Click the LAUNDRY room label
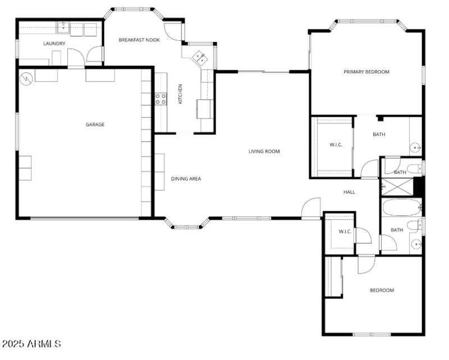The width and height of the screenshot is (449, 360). point(54,43)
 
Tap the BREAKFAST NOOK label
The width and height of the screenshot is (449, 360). point(139,40)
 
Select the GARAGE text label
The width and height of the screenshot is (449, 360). point(95,124)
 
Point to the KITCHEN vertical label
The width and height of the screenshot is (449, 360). point(180,94)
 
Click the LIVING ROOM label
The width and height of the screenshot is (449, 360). point(264,151)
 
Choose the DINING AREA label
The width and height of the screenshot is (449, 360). point(186,179)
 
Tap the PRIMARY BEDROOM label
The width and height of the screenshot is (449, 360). point(366,72)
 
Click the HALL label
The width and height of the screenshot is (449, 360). point(349,192)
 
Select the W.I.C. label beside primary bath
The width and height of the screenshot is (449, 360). point(336,145)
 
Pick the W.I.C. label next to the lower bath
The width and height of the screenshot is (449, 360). point(345,231)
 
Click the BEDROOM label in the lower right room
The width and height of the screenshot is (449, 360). point(381,290)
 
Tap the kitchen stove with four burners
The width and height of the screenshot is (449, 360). point(161,99)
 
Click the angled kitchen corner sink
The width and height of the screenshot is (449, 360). point(199,57)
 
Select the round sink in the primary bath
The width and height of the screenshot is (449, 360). point(416,148)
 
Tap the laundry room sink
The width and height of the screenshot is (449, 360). point(63,26)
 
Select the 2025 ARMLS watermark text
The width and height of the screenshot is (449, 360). point(31,343)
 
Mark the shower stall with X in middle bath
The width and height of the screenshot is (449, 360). point(396,186)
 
